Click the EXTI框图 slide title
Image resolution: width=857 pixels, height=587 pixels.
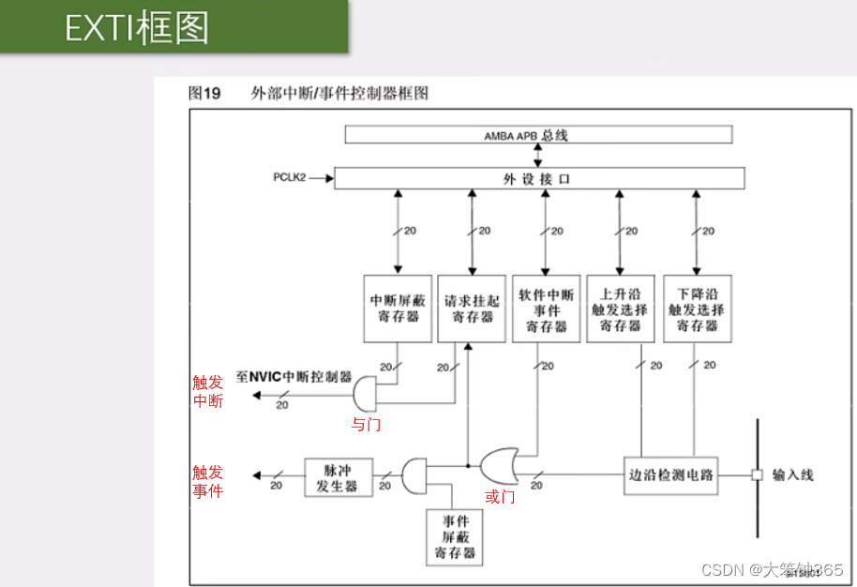coord(137,27)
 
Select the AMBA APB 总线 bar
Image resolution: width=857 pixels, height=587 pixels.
coord(538,135)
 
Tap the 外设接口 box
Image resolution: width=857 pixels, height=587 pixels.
coord(539,178)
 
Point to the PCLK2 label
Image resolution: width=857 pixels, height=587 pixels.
coord(290,177)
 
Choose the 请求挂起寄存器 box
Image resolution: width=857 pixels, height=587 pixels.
coord(472,309)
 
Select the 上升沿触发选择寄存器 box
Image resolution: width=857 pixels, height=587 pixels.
coord(620,309)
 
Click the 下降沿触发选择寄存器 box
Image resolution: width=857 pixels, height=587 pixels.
coord(697,309)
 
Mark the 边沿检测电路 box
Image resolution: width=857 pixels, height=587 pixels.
coord(670,475)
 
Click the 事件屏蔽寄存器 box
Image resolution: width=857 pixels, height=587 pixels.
coord(455,536)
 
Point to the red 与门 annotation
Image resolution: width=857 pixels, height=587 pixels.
coord(366,425)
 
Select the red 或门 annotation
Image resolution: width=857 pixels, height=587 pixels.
coord(500,497)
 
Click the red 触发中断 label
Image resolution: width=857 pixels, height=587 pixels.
coord(208,391)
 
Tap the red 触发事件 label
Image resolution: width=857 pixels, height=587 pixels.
coord(208,481)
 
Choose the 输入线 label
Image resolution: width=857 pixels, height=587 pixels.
coord(792,475)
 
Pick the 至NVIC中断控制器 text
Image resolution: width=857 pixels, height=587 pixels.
coord(293,376)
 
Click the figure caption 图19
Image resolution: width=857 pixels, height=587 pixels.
coord(204,93)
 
